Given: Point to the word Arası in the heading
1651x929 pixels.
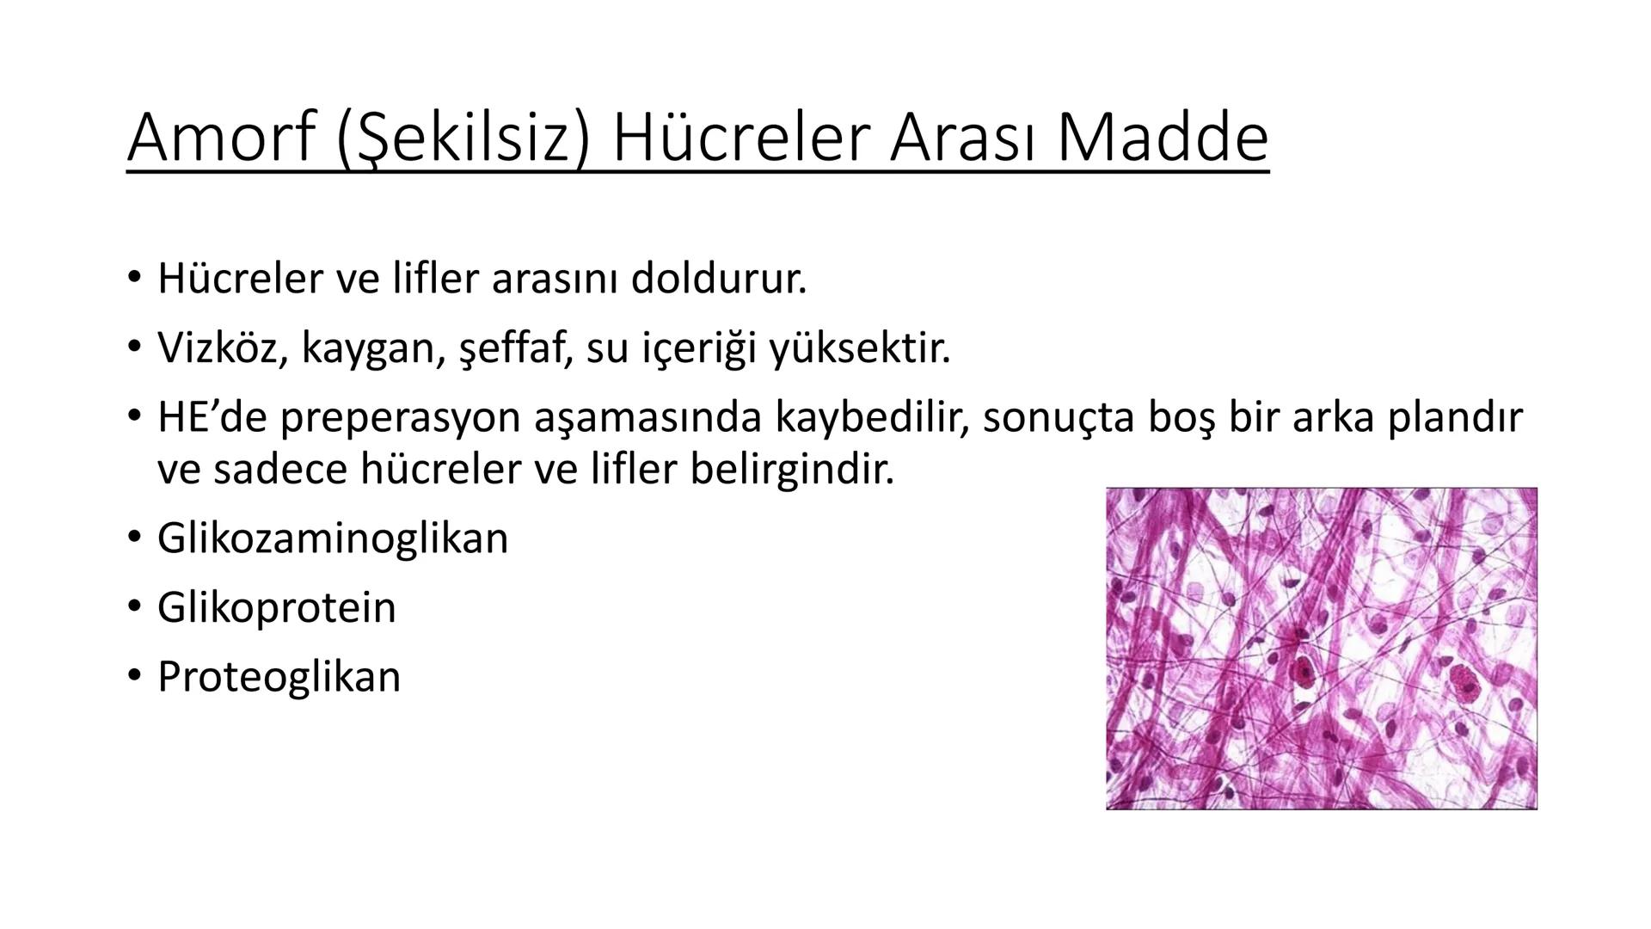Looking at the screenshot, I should pos(964,138).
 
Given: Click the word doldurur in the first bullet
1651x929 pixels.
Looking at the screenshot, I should pos(719,278).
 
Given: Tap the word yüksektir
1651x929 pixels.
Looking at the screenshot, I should pos(860,348).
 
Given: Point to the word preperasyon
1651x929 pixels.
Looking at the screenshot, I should pos(399,417).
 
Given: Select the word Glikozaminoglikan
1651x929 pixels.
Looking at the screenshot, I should pos(333,538).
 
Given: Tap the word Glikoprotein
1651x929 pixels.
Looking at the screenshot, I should pos(276,607).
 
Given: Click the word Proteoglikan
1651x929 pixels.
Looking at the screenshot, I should pos(279,676).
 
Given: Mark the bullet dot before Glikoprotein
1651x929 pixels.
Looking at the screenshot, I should pos(133,607).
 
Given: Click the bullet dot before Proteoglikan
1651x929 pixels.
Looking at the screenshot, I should pos(133,676).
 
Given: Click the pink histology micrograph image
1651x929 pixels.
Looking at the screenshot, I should pos(1321,649).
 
